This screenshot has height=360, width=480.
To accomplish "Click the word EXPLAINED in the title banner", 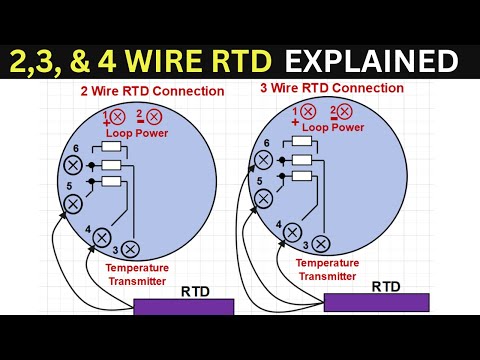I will click(x=371, y=62).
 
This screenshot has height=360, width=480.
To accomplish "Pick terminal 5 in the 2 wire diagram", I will click(x=72, y=203).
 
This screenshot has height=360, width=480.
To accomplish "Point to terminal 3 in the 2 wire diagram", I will click(x=129, y=247).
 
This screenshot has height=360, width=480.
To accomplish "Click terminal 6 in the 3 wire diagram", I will click(x=262, y=158).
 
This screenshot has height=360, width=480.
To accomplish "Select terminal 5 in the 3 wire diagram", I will click(x=263, y=198).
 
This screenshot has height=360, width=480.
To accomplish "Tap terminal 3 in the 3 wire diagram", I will click(x=320, y=243).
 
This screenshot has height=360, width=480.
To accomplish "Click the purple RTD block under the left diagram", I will click(x=183, y=306).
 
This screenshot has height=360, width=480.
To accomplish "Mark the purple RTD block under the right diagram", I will click(x=376, y=302).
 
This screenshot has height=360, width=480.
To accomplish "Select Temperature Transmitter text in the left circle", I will click(x=137, y=274).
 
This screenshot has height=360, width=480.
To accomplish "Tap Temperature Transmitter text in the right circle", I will click(x=326, y=269).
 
